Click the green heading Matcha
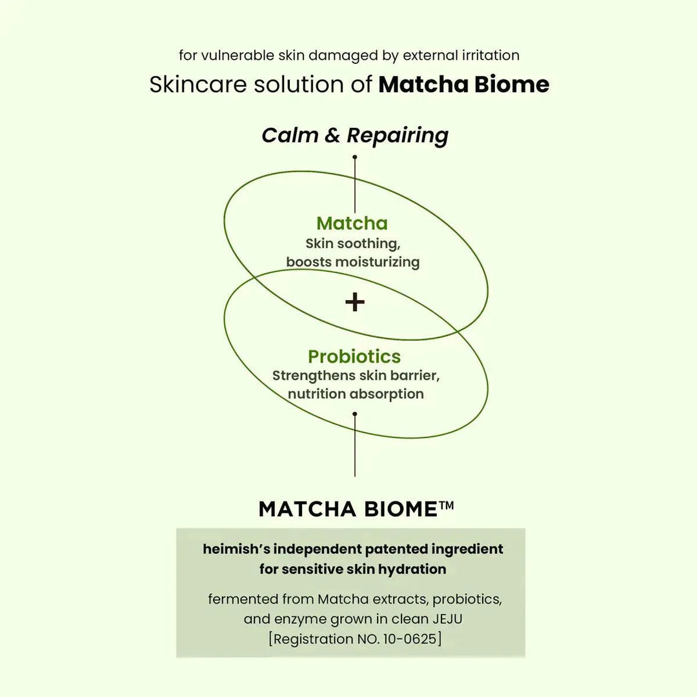(352, 223)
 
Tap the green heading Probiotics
(354, 356)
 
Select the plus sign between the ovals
(354, 301)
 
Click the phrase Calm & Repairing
(355, 136)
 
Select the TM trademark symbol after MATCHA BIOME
(447, 506)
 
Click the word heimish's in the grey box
(234, 549)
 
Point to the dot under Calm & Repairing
(354, 157)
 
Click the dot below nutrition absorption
(354, 414)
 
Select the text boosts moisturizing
(353, 262)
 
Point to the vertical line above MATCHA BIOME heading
(354, 452)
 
